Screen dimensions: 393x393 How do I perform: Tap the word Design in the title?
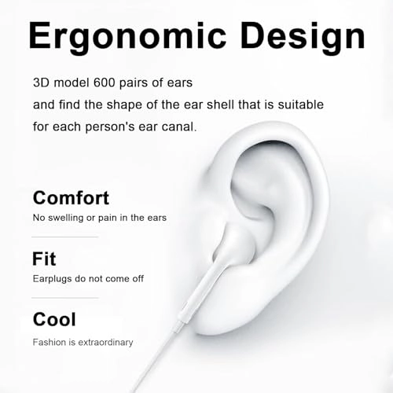[x=303, y=37]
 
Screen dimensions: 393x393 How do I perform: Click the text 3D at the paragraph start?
[x=42, y=82]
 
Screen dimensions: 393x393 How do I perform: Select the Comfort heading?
[x=71, y=197]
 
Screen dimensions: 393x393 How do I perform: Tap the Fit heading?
[x=44, y=259]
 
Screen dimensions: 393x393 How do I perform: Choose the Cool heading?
[x=54, y=319]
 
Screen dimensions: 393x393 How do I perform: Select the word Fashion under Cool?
[x=51, y=342]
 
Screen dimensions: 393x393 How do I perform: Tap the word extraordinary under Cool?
[x=107, y=342]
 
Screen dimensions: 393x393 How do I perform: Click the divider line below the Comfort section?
[x=64, y=237]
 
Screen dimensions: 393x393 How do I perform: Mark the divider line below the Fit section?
[x=64, y=298]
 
